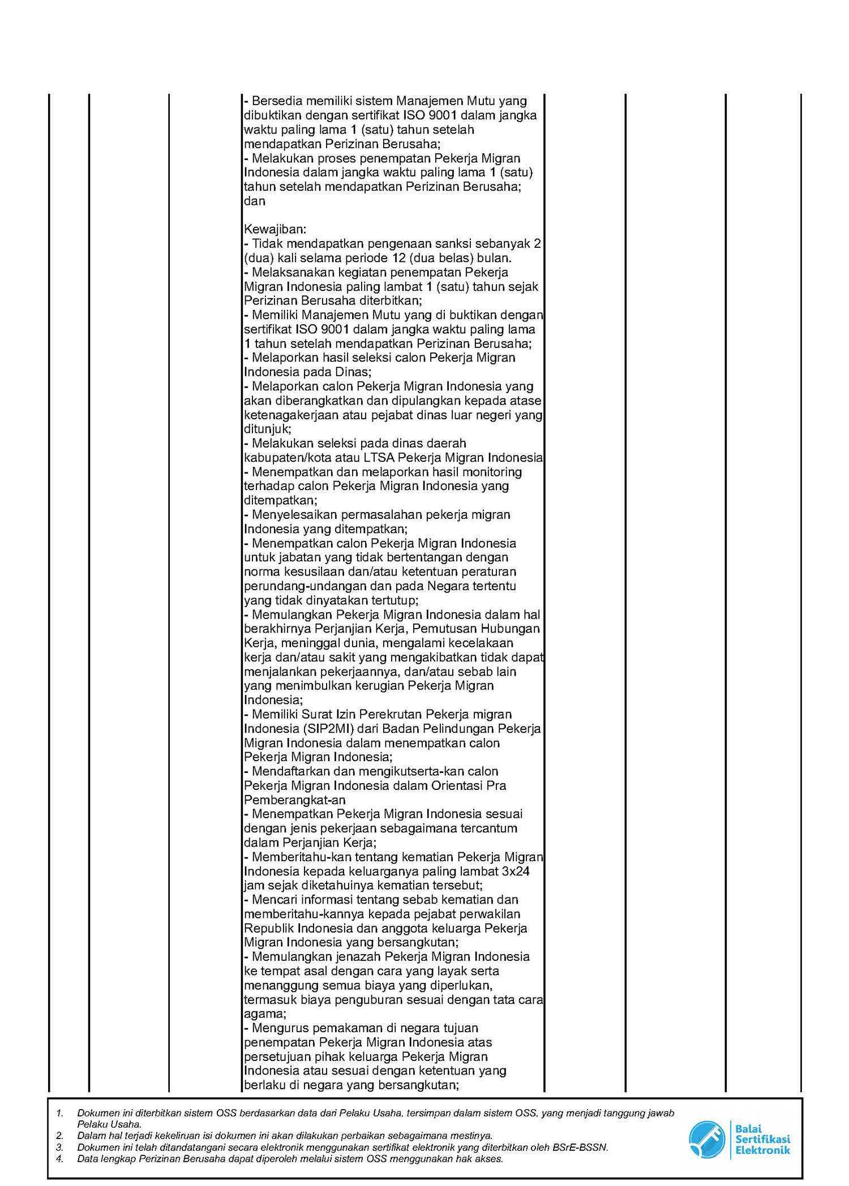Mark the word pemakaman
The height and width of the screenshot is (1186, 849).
(x=338, y=1028)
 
